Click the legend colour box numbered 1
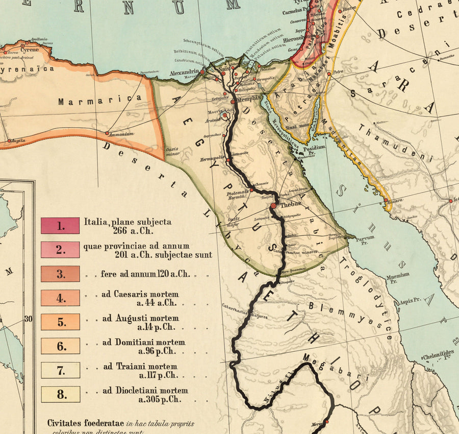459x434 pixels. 60,226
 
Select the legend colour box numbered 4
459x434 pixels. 60,298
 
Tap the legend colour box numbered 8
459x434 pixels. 60,394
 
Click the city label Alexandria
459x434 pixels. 184,71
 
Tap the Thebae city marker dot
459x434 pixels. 273,205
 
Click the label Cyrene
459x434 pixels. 30,50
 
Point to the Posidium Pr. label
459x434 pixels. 314,149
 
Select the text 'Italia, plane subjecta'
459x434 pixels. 127,222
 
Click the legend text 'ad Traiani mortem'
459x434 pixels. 140,366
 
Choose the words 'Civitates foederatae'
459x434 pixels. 79,423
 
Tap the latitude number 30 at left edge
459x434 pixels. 28,319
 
